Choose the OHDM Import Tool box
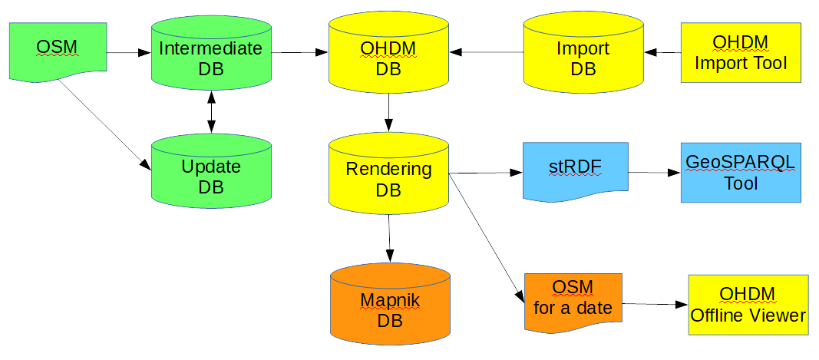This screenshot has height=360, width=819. [741, 52]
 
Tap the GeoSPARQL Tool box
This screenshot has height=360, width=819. [741, 172]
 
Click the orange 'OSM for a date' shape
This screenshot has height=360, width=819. [573, 302]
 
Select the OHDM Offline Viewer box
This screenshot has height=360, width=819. [748, 304]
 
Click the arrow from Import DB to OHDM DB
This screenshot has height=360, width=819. [487, 52]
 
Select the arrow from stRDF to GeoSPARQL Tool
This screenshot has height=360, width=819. [654, 173]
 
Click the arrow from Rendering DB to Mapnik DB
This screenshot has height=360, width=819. [390, 238]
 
